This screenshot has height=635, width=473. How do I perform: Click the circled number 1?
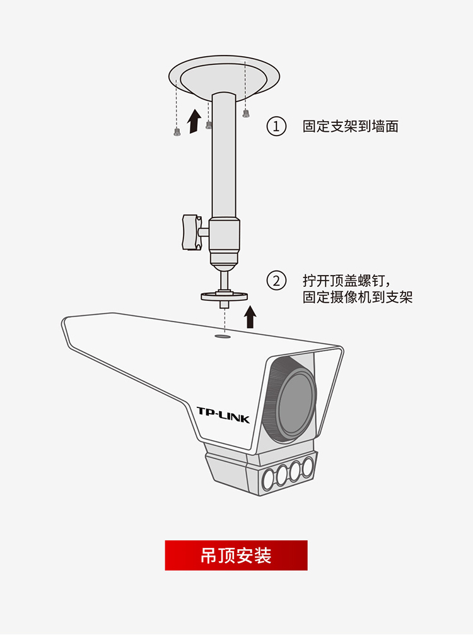click(276, 126)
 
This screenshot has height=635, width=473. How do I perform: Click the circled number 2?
click(276, 281)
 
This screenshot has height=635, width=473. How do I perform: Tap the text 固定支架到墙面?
click(350, 126)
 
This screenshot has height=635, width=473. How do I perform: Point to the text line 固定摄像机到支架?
click(358, 297)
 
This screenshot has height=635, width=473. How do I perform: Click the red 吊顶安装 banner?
click(236, 555)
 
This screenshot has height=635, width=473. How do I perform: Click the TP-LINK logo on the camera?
click(223, 415)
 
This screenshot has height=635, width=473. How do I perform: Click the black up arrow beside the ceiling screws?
click(194, 121)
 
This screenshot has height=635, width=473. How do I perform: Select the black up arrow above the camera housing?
click(250, 317)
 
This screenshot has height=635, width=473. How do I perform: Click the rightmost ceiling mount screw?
click(245, 114)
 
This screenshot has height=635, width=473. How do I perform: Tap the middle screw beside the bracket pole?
click(209, 125)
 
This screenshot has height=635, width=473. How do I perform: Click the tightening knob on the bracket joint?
click(192, 232)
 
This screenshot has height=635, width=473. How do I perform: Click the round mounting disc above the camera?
click(225, 296)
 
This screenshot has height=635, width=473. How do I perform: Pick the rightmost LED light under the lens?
click(308, 466)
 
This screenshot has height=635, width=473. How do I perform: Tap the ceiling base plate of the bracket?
click(224, 77)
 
